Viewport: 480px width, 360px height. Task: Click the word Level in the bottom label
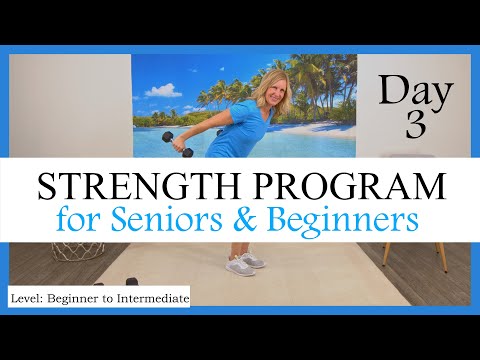pyautogui.click(x=29, y=298)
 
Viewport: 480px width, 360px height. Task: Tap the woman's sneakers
pyautogui.click(x=246, y=261)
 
